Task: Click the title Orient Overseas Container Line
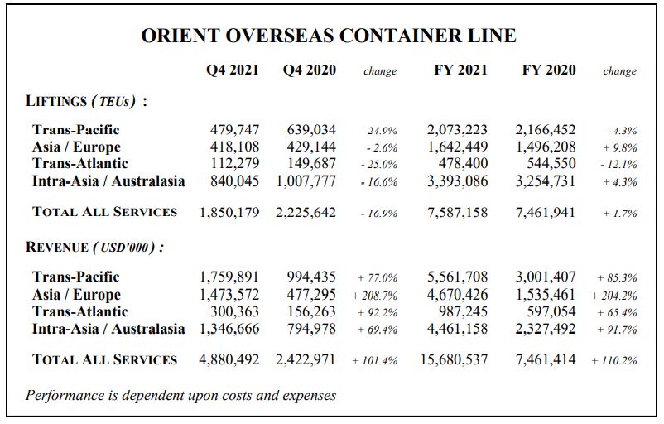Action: [329, 36]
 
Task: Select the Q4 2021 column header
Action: [232, 70]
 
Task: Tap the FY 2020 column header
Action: [549, 70]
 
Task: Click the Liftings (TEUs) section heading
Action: [86, 101]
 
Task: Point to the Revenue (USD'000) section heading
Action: [95, 247]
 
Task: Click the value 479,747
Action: [234, 130]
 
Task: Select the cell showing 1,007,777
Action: [306, 181]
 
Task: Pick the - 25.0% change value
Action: [379, 164]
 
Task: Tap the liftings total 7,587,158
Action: [457, 212]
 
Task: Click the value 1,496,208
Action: [546, 147]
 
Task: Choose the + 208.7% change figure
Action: [375, 296]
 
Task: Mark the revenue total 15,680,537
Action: [454, 359]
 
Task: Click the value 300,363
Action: [234, 311]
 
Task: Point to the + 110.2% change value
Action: [614, 360]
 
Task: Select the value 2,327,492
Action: [546, 329]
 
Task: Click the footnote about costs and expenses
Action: [180, 395]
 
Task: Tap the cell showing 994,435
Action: [311, 277]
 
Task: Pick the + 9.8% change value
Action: [620, 148]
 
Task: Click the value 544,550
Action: [551, 163]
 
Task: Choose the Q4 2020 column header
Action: [310, 70]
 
